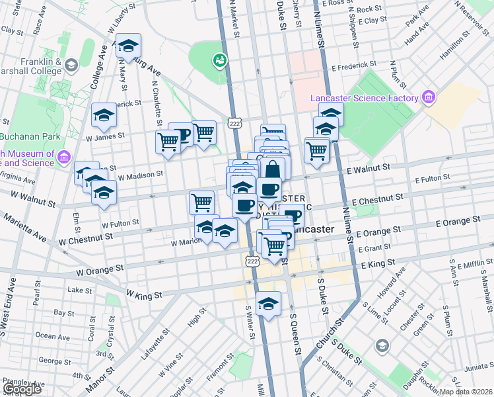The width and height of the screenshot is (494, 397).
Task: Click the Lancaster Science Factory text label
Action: (365, 99)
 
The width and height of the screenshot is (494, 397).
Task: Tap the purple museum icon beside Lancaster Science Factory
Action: (429, 98)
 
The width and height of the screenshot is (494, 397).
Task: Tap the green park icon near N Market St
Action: (219, 62)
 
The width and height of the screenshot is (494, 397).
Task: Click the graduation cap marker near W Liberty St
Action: (129, 46)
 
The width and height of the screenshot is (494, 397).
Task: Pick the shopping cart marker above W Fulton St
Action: (201, 202)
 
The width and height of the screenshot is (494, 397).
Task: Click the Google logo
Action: (22, 389)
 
